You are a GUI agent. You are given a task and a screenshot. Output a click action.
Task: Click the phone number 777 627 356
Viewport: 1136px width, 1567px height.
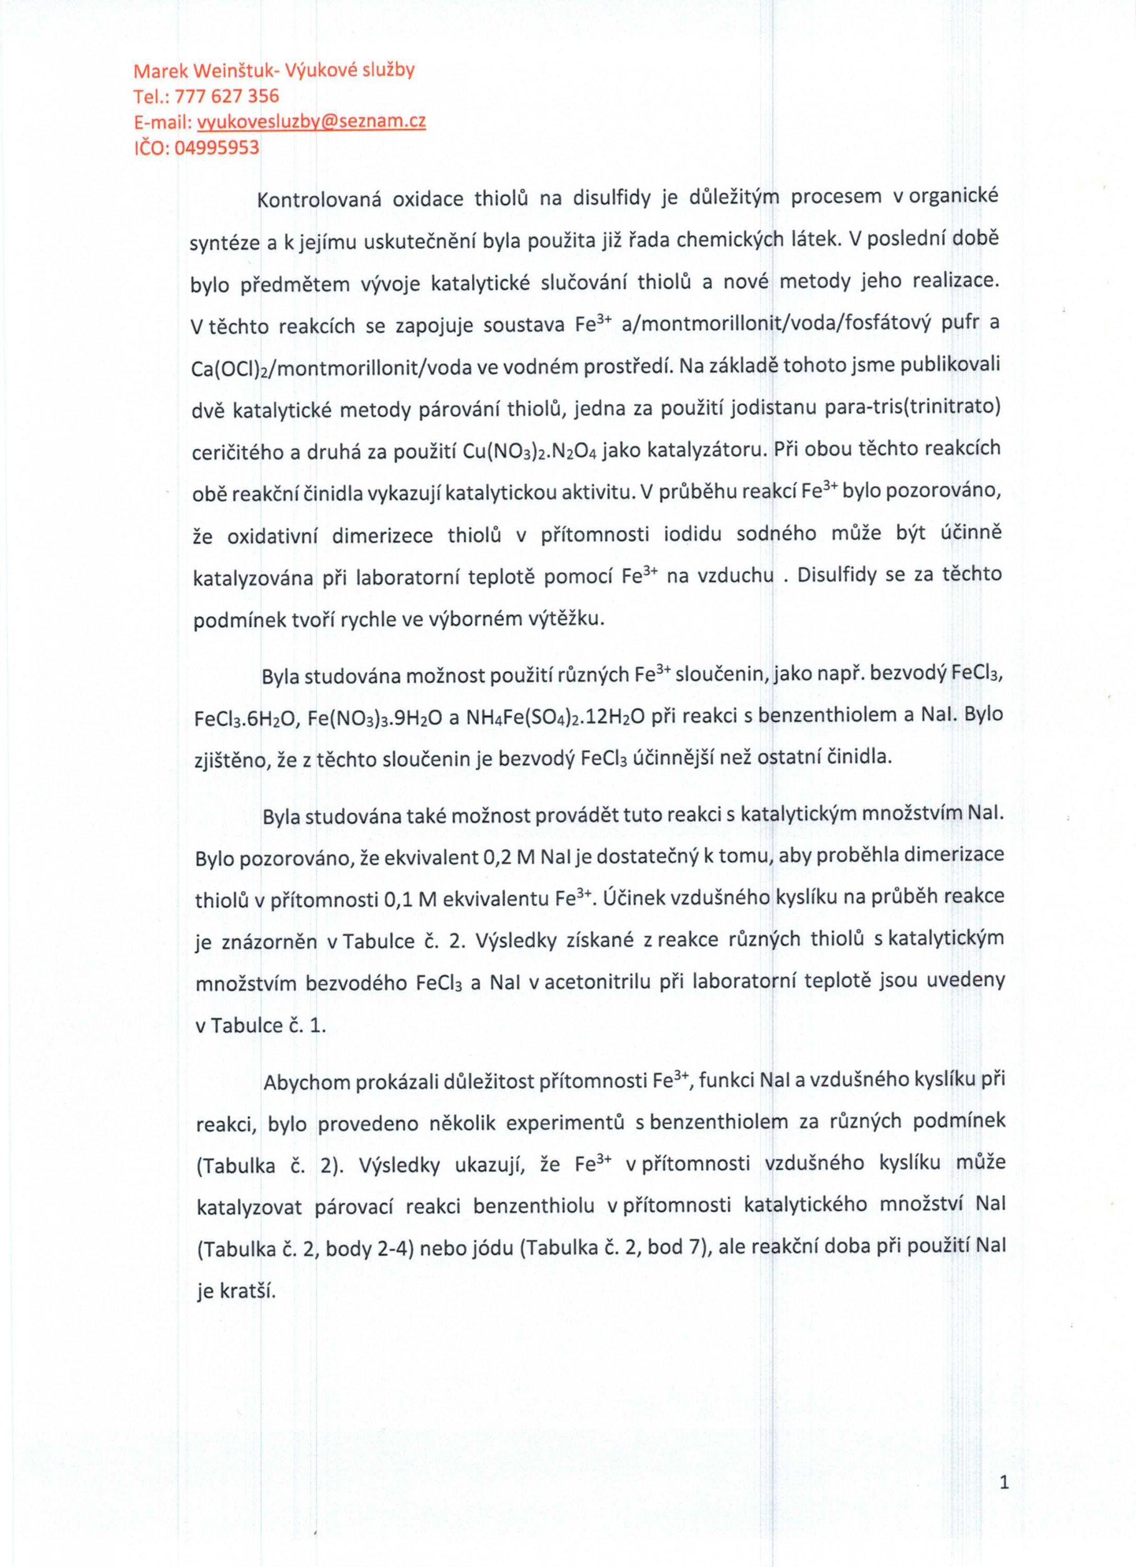(x=227, y=96)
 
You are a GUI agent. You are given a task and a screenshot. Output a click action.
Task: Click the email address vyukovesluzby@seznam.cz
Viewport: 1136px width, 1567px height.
(x=311, y=122)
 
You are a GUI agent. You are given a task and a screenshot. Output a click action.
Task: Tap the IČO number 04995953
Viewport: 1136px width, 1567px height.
(x=217, y=148)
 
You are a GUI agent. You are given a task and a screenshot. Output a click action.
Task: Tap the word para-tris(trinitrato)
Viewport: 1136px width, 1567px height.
(x=913, y=407)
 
